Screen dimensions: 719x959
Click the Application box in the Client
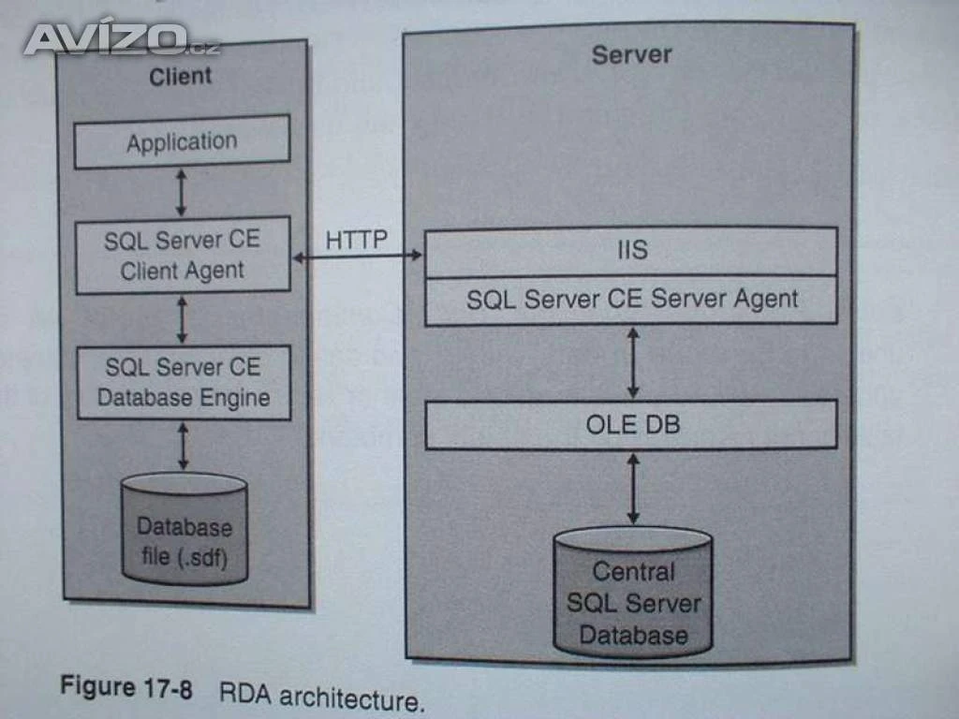coord(182,142)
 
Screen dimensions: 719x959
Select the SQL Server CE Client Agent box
coord(183,256)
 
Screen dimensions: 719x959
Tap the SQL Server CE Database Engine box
coord(183,382)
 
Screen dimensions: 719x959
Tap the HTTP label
coord(357,241)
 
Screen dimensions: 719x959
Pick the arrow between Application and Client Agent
coord(182,193)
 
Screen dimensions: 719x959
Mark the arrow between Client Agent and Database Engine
coord(182,319)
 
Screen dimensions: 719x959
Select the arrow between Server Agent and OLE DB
coord(633,362)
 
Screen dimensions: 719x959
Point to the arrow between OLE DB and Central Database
coord(633,488)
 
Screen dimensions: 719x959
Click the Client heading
coord(181,75)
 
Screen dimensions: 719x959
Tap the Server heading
coord(631,54)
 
